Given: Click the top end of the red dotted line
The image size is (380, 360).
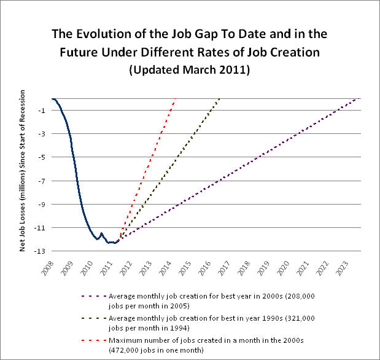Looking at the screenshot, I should click(176, 99).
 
